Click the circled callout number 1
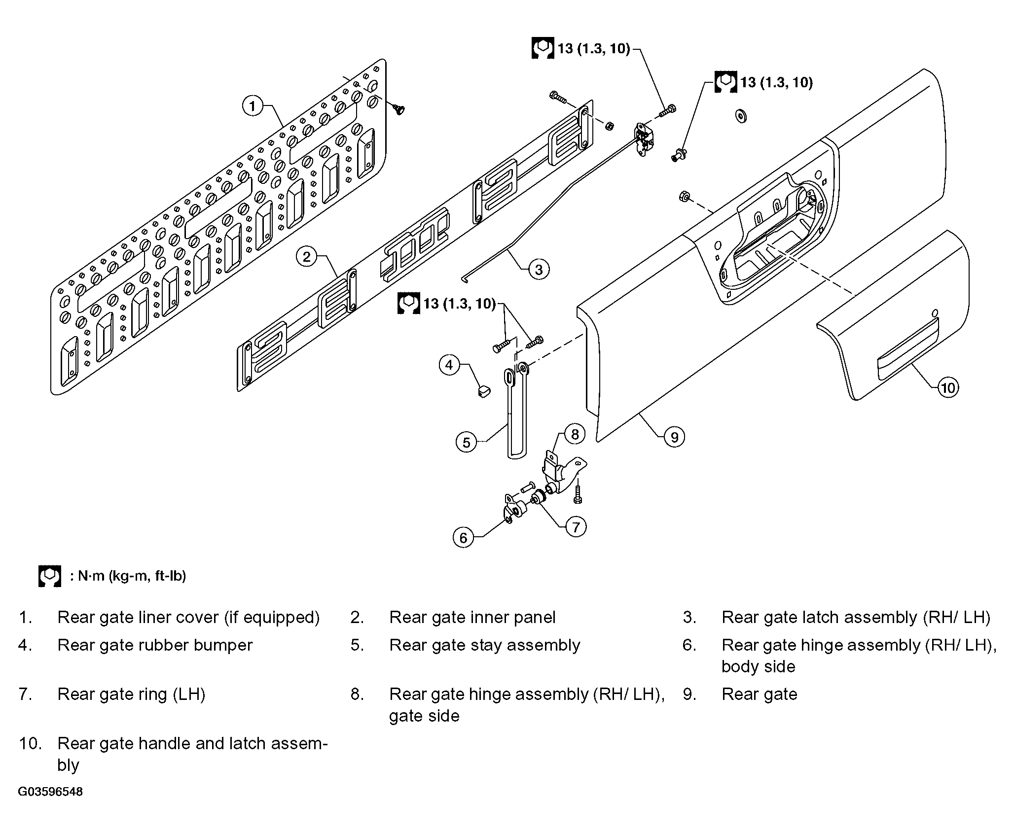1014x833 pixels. coord(253,106)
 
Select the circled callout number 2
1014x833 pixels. coord(307,257)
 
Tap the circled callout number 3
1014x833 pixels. coord(539,269)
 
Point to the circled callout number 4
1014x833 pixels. coord(449,365)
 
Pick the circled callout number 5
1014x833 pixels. coord(467,442)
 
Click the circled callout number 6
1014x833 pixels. coord(463,537)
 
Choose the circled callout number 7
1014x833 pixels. coord(576,526)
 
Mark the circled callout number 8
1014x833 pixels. coord(575,434)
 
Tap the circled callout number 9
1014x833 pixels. coord(674,437)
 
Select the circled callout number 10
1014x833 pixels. coord(948,388)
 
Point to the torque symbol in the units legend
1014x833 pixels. coord(50,576)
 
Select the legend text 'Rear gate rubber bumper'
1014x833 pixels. coord(155,645)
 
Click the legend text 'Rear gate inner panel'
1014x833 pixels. coord(472,618)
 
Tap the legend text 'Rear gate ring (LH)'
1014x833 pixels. coord(131,694)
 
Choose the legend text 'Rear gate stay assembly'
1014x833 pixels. coord(485,645)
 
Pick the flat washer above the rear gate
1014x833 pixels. coord(740,116)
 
